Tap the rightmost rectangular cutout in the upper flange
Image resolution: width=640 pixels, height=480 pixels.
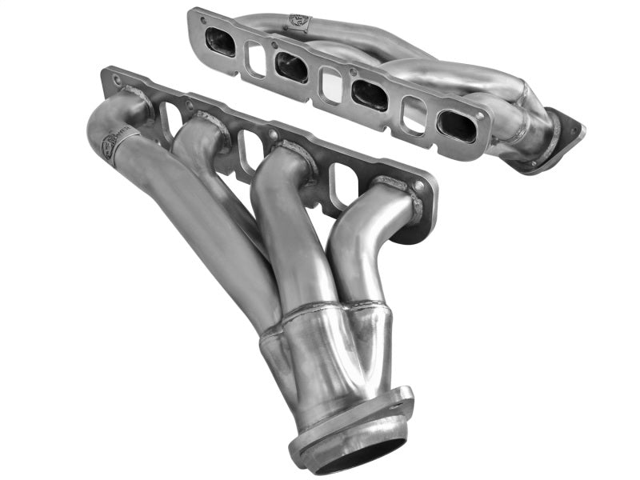pyautogui.click(x=414, y=114)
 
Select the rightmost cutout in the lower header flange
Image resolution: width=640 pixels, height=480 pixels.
pyautogui.click(x=342, y=183)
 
